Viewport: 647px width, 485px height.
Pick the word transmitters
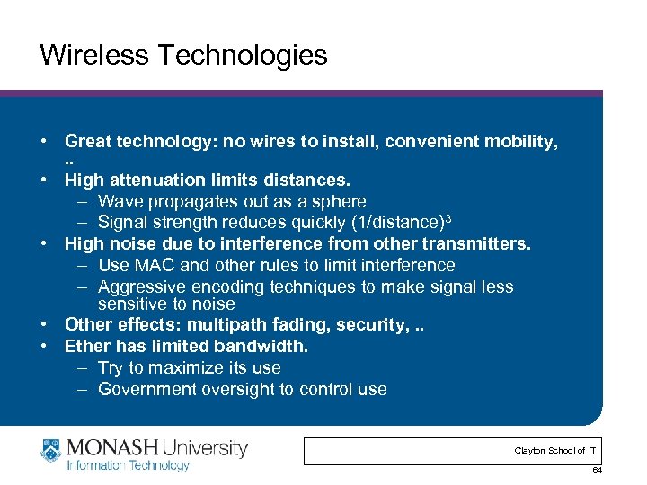[x=476, y=243]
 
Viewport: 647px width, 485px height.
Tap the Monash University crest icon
[x=52, y=452]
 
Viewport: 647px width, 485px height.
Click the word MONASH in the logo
[x=112, y=447]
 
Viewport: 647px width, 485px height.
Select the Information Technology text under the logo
[x=129, y=465]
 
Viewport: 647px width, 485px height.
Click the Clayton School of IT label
[x=554, y=450]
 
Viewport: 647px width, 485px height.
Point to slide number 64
[x=596, y=472]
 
